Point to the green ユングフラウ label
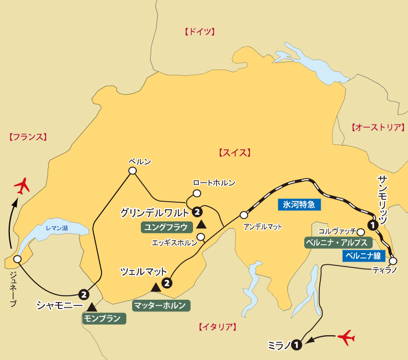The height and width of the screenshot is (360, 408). (166, 227)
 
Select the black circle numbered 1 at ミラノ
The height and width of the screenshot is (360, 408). (297, 345)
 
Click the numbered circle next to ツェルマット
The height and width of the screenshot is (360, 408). (167, 283)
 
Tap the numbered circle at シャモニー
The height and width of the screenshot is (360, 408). (85, 293)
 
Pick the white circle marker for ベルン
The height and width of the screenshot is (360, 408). (132, 171)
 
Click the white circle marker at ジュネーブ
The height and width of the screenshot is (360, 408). (17, 259)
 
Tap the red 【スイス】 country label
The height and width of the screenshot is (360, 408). (234, 153)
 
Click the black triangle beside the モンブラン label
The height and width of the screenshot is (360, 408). (92, 306)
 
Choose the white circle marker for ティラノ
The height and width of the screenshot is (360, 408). (394, 261)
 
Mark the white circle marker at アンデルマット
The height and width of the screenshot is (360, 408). (243, 214)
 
